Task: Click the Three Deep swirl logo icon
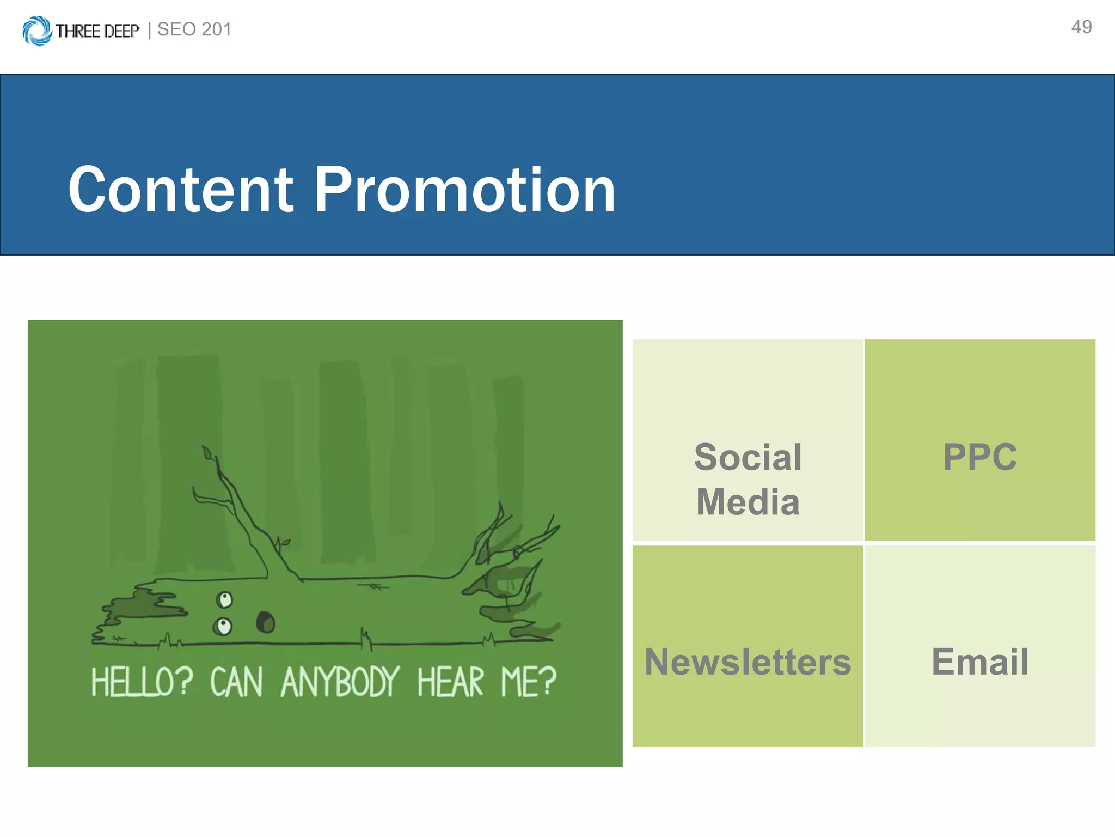pyautogui.click(x=37, y=31)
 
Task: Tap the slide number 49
pyautogui.click(x=1081, y=27)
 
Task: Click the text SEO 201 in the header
pyautogui.click(x=194, y=29)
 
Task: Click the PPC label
pyautogui.click(x=980, y=457)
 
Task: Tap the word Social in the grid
pyautogui.click(x=748, y=457)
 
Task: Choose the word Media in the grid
pyautogui.click(x=748, y=501)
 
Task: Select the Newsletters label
pyautogui.click(x=748, y=662)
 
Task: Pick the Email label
pyautogui.click(x=980, y=662)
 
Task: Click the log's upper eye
pyautogui.click(x=224, y=600)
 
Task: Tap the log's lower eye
pyautogui.click(x=223, y=626)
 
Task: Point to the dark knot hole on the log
pyautogui.click(x=266, y=622)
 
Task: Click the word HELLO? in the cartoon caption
pyautogui.click(x=142, y=682)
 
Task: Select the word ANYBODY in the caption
pyautogui.click(x=340, y=682)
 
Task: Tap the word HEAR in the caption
pyautogui.click(x=450, y=682)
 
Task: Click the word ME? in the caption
pyautogui.click(x=528, y=682)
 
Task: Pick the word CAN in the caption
pyautogui.click(x=236, y=682)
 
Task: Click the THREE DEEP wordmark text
pyautogui.click(x=97, y=31)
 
